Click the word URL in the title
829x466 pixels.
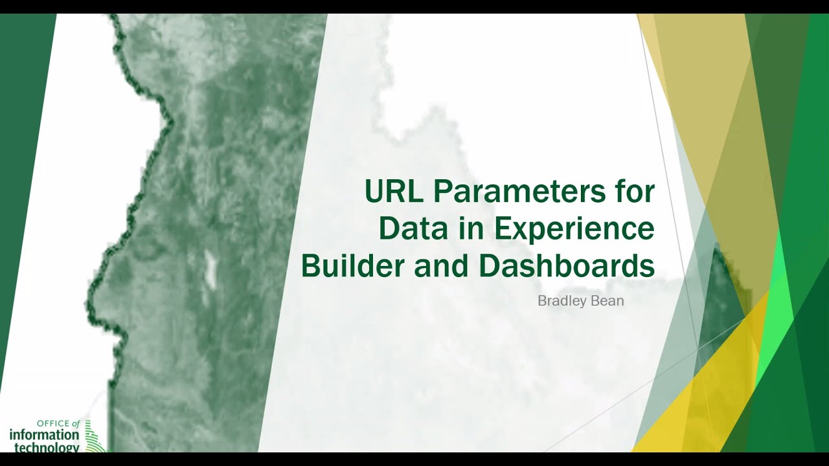392,192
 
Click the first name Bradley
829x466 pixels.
560,301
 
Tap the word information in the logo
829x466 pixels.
44,436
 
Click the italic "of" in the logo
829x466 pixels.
76,425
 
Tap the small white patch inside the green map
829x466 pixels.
210,269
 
